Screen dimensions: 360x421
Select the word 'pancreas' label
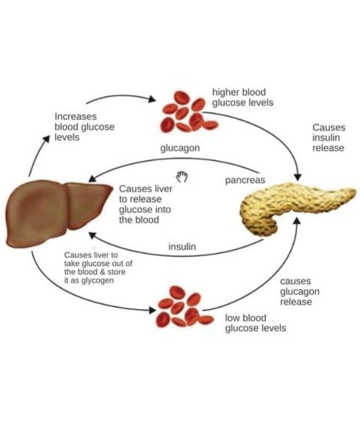pos(245,180)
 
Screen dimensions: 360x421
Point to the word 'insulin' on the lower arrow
pos(182,247)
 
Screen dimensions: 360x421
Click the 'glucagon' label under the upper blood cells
pos(180,148)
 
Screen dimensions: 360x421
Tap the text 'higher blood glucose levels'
pos(243,97)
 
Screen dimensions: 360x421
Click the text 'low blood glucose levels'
pos(255,323)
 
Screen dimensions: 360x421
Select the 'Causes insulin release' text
pos(328,138)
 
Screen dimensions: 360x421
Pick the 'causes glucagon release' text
pos(299,292)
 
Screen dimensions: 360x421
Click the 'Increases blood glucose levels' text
pos(84,127)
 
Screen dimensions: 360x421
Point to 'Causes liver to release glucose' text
pos(145,204)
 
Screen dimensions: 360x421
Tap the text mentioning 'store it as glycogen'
pos(98,268)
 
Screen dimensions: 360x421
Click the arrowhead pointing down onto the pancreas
pos(298,177)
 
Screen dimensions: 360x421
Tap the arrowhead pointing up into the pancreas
pos(297,220)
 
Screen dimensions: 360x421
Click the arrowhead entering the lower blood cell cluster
pos(152,311)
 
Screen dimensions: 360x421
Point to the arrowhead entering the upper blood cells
pos(152,99)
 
